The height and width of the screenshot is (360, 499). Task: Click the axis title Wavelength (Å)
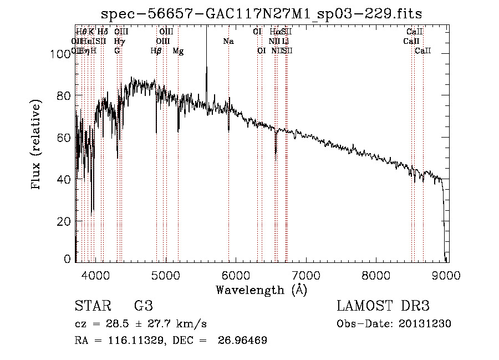click(x=261, y=290)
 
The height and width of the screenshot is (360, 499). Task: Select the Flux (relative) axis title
click(x=37, y=145)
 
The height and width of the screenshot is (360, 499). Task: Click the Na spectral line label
click(x=228, y=42)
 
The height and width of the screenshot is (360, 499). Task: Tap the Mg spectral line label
click(x=178, y=51)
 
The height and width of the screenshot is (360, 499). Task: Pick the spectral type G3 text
click(x=143, y=306)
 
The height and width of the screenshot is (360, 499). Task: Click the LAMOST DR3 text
click(x=383, y=306)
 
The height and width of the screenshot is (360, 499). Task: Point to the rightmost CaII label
click(x=422, y=51)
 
